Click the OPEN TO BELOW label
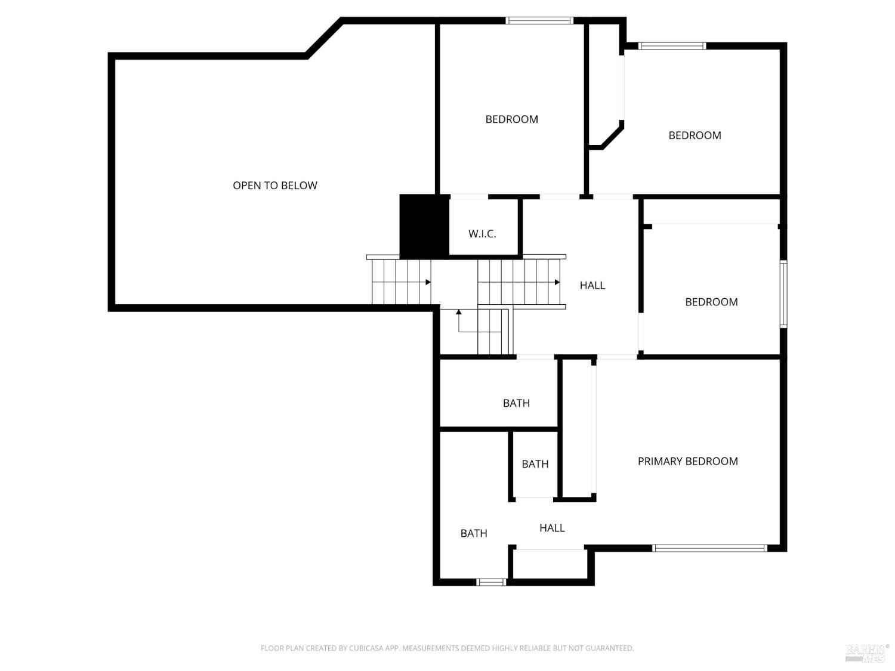point(275,185)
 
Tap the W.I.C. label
point(482,234)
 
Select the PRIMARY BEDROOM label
point(687,461)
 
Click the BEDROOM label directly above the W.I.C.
point(511,119)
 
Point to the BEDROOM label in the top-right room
point(695,135)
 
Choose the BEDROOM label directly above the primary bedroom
point(711,302)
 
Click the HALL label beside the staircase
point(592,285)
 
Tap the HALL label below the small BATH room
point(552,528)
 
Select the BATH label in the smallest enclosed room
point(535,464)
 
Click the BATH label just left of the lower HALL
point(474,533)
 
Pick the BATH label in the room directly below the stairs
point(516,403)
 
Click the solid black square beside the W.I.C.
point(424,226)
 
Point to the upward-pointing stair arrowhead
point(458,312)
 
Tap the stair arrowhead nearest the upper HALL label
point(557,282)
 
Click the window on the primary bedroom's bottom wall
point(709,548)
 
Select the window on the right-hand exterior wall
point(783,294)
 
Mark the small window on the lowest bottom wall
point(491,582)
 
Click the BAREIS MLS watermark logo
point(867,653)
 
